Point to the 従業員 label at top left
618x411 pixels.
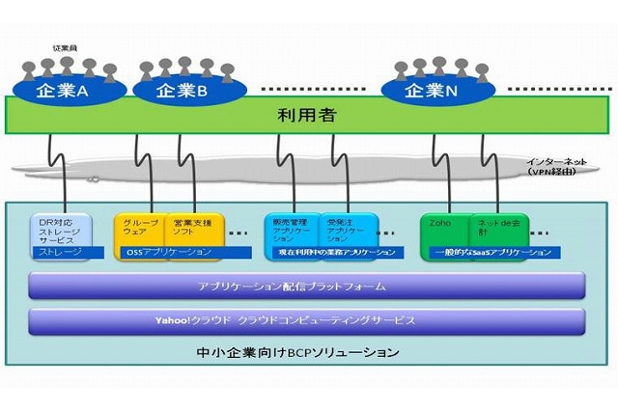(x=64, y=47)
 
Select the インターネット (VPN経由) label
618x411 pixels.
(x=551, y=166)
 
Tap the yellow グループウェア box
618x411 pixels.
(x=141, y=230)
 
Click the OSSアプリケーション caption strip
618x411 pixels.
(x=170, y=252)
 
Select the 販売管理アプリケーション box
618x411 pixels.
(x=291, y=230)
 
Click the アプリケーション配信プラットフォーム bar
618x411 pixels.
(x=305, y=286)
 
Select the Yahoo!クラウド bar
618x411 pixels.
(x=305, y=319)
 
